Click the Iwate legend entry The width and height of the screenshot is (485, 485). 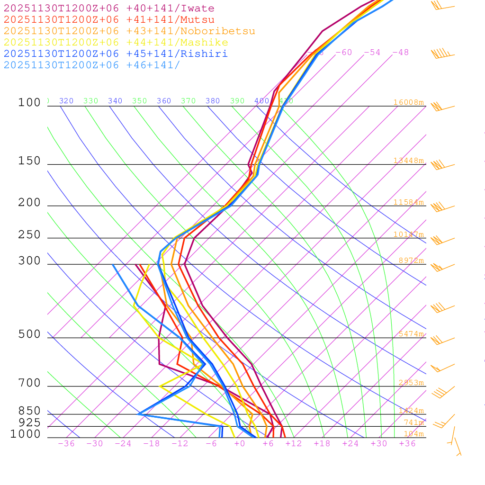point(109,9)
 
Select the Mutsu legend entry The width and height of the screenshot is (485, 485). point(109,20)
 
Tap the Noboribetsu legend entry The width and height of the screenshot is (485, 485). point(129,31)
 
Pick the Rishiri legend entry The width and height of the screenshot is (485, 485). point(116,54)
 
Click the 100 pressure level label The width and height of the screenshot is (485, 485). point(29,102)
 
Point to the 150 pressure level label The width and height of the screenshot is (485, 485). point(29,161)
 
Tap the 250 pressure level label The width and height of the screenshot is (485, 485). point(29,235)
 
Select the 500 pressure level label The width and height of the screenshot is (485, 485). point(29,334)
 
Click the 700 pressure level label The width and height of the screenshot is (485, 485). point(29,383)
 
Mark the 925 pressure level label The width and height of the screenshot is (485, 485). point(29,422)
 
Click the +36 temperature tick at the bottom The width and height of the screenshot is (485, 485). point(407,444)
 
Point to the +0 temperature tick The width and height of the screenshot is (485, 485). point(239,444)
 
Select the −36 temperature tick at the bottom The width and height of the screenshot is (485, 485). point(66,444)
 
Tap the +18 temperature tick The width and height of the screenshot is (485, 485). point(322,444)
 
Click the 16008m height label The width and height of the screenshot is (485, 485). point(408,102)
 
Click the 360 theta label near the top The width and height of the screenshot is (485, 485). point(164,101)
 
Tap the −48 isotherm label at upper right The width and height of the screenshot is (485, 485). point(400,53)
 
